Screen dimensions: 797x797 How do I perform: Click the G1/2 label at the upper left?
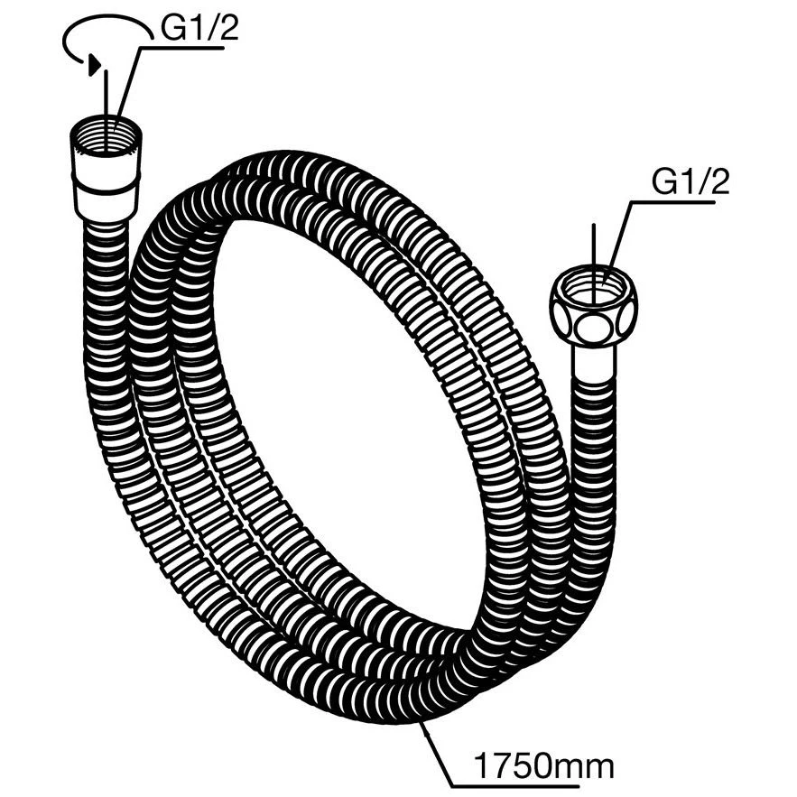pos(199,30)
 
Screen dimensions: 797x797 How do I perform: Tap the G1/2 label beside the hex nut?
pos(690,182)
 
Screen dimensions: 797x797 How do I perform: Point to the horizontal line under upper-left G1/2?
pos(181,48)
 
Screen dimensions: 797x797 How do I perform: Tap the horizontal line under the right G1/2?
pos(672,202)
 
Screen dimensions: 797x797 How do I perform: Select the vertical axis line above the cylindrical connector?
pos(106,110)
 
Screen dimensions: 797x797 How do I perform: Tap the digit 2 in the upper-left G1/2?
pos(227,30)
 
